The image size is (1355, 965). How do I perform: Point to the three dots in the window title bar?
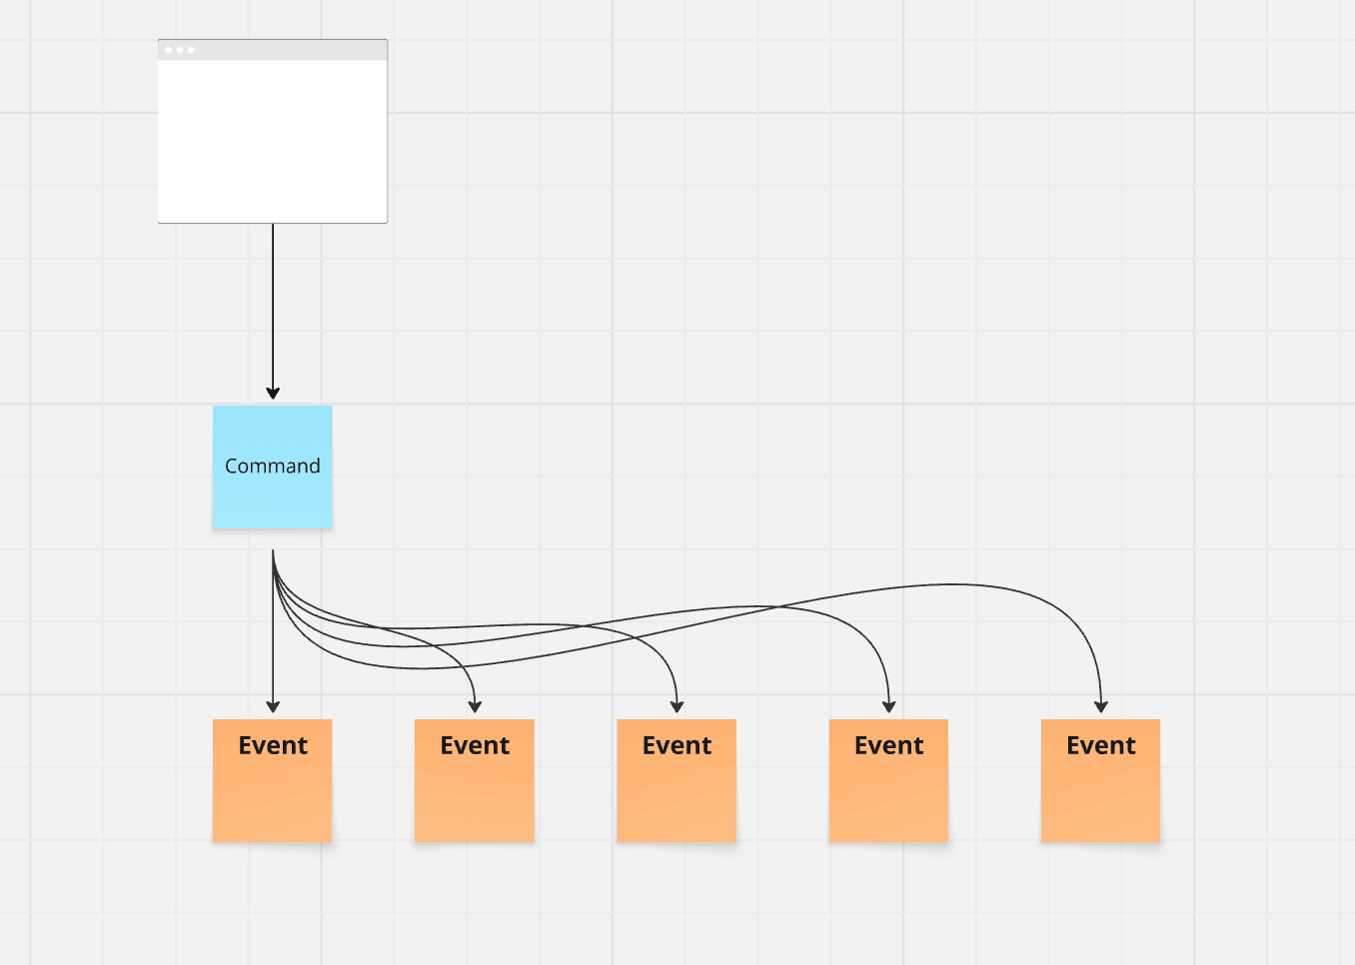tap(180, 50)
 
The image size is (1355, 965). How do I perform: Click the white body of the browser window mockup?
tap(272, 141)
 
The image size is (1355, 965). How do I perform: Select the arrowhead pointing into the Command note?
tap(273, 393)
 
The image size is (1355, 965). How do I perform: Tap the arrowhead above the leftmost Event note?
tap(273, 706)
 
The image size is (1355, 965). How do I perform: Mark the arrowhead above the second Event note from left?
tap(475, 706)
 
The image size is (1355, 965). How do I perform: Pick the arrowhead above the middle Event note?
tap(677, 706)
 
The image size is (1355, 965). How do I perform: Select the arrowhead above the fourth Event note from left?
tap(888, 706)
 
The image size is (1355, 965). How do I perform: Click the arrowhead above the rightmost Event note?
tap(1100, 706)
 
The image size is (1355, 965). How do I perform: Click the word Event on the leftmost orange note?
tap(273, 745)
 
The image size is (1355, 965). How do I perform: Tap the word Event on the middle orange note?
tap(677, 745)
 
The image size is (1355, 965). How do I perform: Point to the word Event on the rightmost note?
tap(1100, 745)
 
